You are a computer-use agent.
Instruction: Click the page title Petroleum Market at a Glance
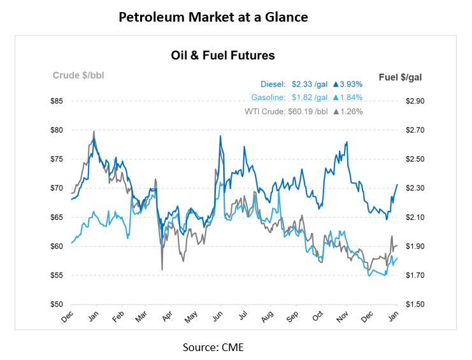[x=213, y=17]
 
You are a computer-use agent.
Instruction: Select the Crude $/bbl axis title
[x=78, y=76]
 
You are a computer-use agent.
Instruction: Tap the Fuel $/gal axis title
[x=400, y=77]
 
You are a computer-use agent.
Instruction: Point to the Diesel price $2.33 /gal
[x=310, y=83]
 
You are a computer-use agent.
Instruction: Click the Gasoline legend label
[x=268, y=97]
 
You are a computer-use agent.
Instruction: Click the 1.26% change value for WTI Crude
[x=350, y=112]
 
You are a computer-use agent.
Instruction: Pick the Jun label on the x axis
[x=217, y=317]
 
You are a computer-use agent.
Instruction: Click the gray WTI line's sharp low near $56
[x=162, y=270]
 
